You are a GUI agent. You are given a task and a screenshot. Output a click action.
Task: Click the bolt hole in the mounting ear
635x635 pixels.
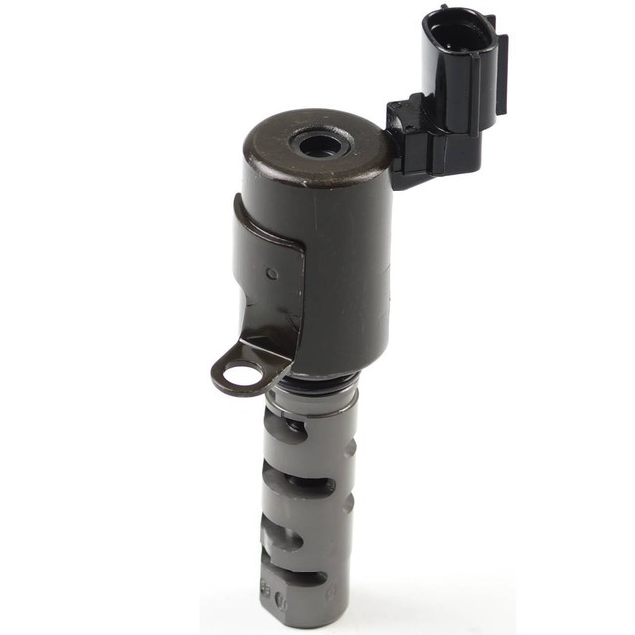[239, 375]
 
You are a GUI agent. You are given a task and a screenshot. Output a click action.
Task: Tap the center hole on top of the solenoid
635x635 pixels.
[319, 146]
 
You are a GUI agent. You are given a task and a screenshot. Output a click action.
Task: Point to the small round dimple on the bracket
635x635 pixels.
[271, 273]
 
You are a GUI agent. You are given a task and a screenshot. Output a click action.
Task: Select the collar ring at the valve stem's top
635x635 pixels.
[312, 399]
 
